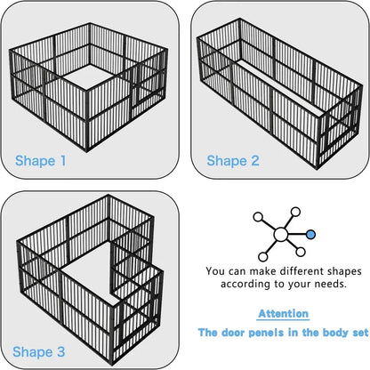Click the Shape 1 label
tap(41, 161)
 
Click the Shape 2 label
tap(234, 161)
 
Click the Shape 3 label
tap(41, 352)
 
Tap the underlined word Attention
tap(284, 314)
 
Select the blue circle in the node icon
tap(310, 234)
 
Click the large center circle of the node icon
tap(281, 235)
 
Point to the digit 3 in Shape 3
tap(62, 352)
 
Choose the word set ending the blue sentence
tap(357, 334)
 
